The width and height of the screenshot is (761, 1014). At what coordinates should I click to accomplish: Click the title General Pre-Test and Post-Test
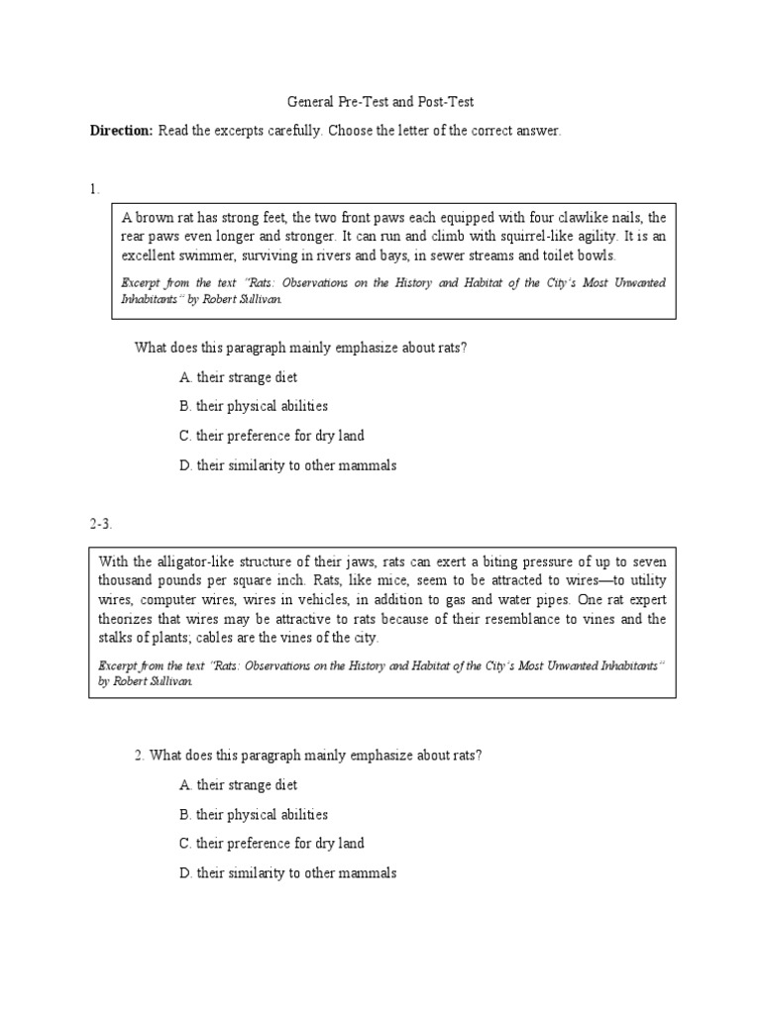click(x=380, y=102)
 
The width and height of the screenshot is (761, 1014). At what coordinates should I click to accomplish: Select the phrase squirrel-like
click(x=495, y=236)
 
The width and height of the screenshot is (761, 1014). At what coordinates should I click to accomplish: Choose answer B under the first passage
click(x=254, y=406)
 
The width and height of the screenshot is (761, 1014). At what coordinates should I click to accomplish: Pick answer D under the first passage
click(x=287, y=465)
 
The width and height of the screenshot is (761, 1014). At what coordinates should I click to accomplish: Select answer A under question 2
click(x=238, y=785)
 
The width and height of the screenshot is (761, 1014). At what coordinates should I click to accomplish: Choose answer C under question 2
click(x=272, y=844)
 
